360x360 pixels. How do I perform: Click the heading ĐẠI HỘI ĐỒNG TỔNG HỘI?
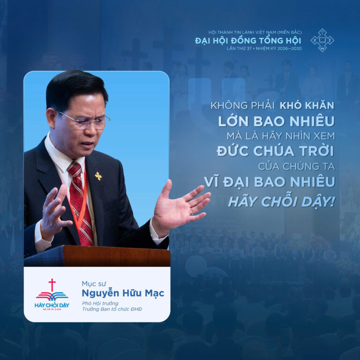pos(248,41)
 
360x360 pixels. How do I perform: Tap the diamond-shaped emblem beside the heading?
pos(322,40)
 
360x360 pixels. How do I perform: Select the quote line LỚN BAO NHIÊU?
pos(276,121)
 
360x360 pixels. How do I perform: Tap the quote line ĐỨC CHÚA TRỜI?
pos(275,151)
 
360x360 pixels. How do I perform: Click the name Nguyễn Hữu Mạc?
pos(123,294)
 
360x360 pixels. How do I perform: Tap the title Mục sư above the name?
pos(93,283)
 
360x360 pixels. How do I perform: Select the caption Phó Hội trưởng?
pos(100,303)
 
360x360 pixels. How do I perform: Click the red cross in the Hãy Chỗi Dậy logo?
pos(52,285)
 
